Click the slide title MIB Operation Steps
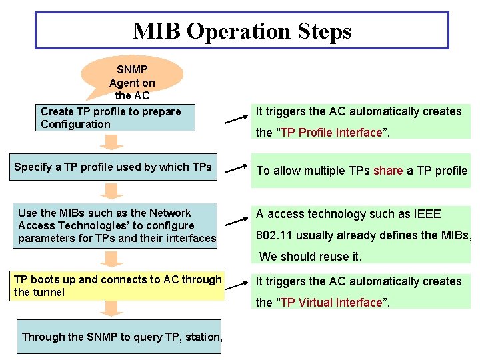(241, 31)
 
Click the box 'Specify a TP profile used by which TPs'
(113, 167)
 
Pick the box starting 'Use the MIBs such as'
(117, 225)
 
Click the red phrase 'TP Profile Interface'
(331, 133)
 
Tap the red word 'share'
(388, 171)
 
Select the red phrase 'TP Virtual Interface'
(331, 303)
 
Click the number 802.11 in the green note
(273, 235)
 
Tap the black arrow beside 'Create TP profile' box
(237, 119)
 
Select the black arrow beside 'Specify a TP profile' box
(237, 169)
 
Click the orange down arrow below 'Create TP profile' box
(114, 142)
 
